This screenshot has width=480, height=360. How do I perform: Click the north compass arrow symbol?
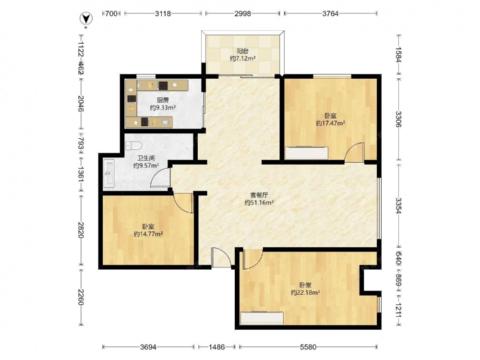coord(86,19)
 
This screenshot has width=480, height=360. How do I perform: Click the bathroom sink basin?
coord(108,173)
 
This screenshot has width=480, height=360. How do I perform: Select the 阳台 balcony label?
coord(242,51)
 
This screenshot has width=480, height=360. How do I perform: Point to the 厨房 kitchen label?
coord(163,100)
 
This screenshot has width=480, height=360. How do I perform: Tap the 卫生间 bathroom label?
coord(146,158)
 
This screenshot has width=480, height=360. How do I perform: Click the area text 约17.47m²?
coord(331,123)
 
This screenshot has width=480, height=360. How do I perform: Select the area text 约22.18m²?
coord(305,292)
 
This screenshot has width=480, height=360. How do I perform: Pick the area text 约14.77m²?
coord(148,234)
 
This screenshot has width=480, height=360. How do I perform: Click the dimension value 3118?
coord(163,13)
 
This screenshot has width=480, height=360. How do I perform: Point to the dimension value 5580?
coord(308,347)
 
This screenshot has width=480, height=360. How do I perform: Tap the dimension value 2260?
coord(80,297)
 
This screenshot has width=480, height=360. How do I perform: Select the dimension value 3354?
coord(398,206)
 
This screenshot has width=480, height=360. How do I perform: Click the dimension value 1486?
coord(217,347)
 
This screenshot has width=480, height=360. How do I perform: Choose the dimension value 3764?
coord(331,13)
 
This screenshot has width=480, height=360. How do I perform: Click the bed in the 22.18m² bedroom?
coord(262,318)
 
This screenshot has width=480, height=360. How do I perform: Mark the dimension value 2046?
coord(80,104)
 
